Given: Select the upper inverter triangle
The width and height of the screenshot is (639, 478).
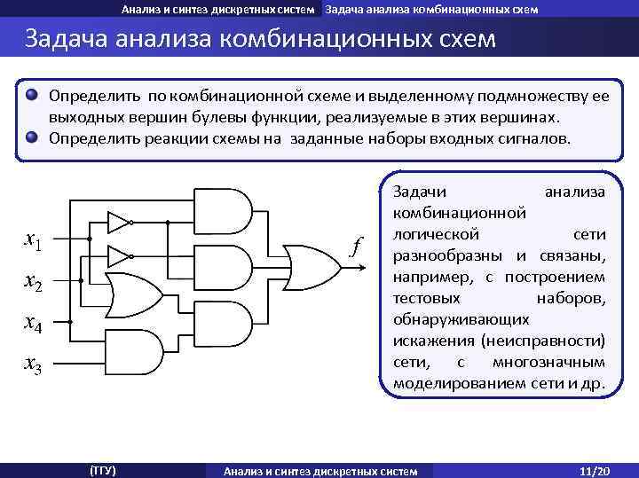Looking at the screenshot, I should point(117,221).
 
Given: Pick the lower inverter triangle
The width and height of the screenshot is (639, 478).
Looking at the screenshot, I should point(117,256).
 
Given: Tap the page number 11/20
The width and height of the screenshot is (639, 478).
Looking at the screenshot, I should point(590,469).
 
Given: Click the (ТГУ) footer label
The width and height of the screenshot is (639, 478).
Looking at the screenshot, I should point(103,469).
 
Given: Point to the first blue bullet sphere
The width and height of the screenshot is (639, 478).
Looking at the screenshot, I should point(32,94).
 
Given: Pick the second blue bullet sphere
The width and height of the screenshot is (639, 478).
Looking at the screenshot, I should point(32,137).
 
